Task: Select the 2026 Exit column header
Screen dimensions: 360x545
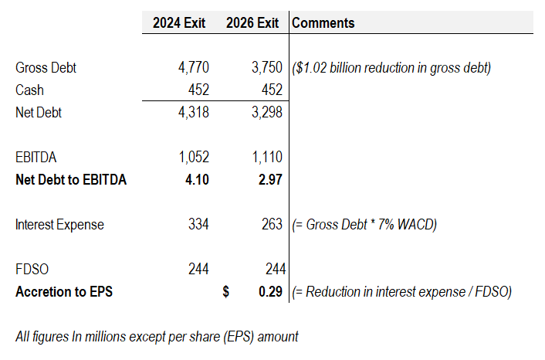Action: [252, 23]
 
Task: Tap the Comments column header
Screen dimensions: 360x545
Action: [323, 23]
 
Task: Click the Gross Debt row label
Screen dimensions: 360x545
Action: [46, 68]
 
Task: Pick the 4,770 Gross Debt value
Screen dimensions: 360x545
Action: [193, 68]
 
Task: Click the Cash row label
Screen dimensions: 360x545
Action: [29, 90]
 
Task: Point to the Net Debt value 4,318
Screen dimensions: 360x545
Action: [193, 113]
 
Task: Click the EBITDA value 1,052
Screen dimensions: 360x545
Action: [193, 158]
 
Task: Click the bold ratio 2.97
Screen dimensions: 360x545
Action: [269, 180]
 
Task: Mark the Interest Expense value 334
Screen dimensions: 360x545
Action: [199, 225]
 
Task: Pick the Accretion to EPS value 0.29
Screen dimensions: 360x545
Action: [269, 292]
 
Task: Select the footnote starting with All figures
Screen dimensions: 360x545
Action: [157, 337]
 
